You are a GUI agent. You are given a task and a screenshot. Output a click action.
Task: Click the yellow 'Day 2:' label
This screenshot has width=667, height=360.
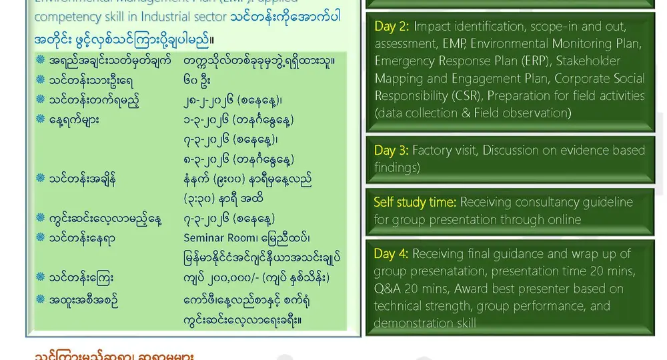[392, 27]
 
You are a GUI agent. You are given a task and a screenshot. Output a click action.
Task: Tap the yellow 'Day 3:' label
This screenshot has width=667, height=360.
[392, 151]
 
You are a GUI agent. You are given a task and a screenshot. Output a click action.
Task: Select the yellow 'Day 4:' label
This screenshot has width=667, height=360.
[392, 254]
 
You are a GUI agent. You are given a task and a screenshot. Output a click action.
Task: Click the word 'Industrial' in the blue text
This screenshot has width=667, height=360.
[196, 17]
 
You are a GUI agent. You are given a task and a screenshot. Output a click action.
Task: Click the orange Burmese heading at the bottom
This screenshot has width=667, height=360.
[114, 355]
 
